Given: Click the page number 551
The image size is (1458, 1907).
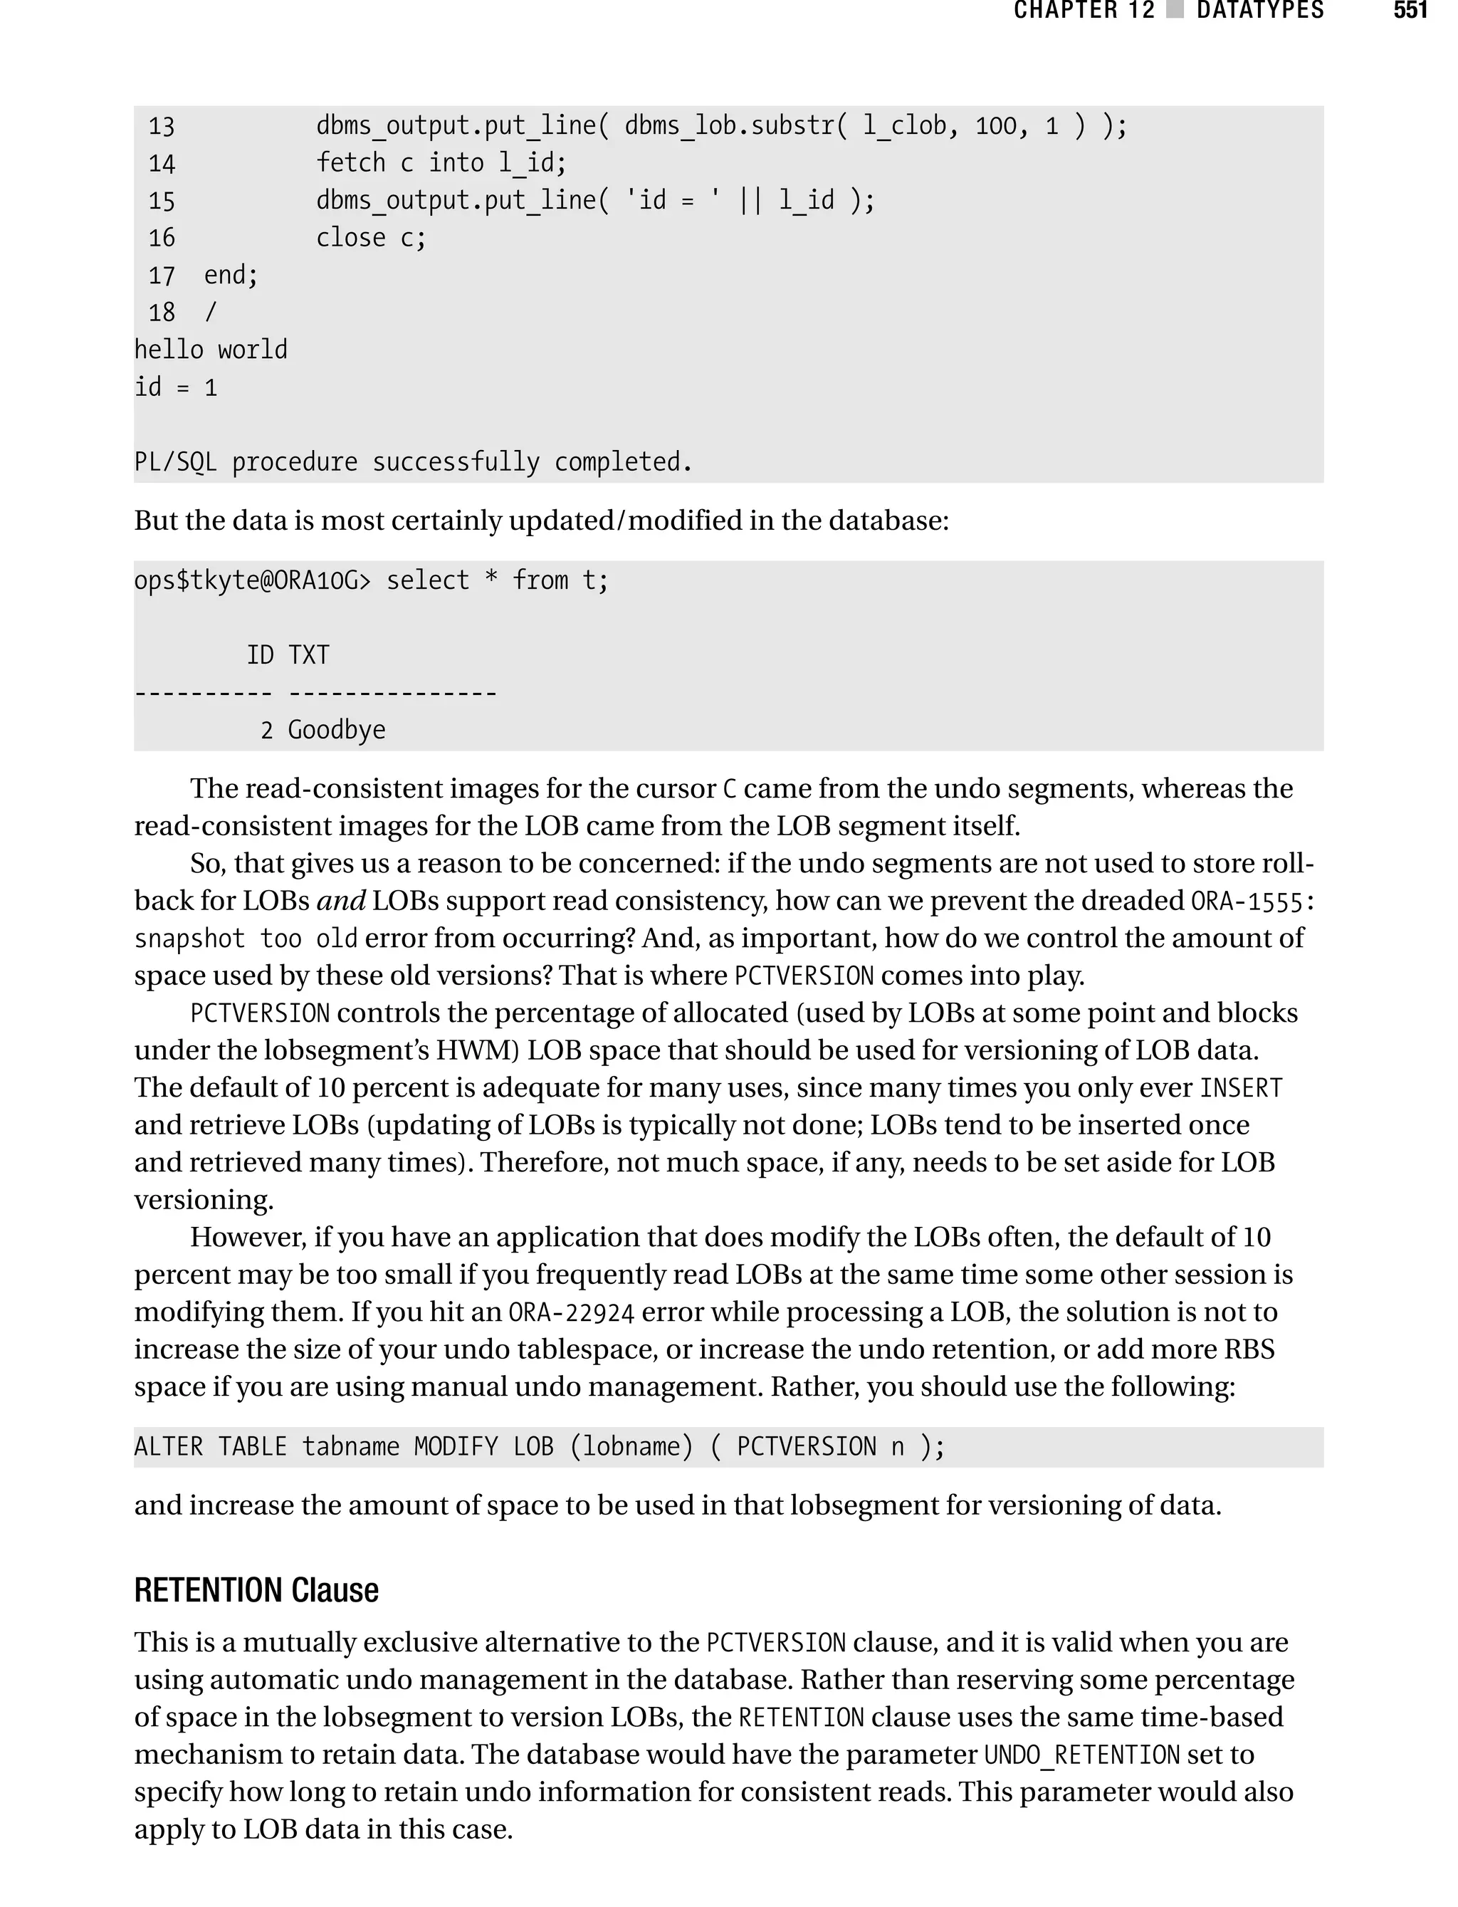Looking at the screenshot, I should point(1410,11).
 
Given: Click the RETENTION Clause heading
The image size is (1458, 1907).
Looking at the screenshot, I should point(256,1590).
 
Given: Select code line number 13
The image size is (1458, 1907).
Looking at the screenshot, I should point(162,127).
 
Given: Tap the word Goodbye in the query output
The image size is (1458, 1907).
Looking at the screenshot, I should point(337,730).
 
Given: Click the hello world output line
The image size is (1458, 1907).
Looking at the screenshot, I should point(210,350).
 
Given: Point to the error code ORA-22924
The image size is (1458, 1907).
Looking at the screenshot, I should point(571,1312).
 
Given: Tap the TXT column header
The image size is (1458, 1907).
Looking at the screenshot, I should point(309,654).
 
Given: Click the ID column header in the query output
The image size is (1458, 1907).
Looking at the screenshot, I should point(261,654).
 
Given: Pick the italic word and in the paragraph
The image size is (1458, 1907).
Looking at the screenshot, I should point(341,901).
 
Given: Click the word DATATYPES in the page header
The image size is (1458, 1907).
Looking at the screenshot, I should point(1259,11).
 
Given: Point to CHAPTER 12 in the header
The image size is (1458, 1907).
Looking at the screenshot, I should point(1084,11).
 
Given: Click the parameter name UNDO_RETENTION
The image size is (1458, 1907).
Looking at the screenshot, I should point(1081,1755).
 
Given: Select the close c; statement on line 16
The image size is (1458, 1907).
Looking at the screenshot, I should point(371,238).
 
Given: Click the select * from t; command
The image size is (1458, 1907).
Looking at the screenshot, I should point(498,580).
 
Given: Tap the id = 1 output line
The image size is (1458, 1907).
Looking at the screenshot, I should point(175,387).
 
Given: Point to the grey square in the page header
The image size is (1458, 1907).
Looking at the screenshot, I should point(1175,9).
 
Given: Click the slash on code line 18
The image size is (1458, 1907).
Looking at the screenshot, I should point(210,313).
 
